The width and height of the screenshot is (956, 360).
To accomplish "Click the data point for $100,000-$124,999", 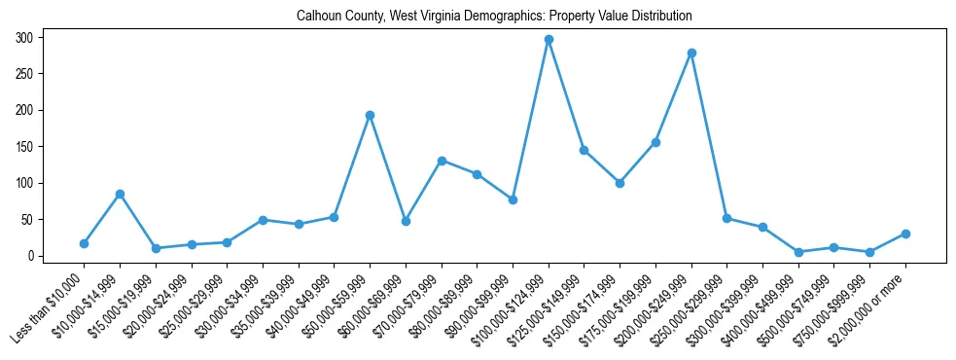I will point(549,40).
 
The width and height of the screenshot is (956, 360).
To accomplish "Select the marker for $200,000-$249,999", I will point(691,53).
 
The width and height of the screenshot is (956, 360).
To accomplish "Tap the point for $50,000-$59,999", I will point(370,115).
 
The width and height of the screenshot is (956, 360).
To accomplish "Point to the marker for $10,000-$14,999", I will point(120,194).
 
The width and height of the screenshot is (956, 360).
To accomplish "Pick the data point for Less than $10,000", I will point(84,243).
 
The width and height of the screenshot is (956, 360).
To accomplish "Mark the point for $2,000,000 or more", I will point(905,234).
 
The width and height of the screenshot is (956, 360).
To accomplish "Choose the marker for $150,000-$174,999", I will point(620,183).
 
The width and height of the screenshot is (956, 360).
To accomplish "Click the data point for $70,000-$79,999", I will point(442,161).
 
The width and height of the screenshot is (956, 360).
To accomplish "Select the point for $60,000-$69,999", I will point(406,221).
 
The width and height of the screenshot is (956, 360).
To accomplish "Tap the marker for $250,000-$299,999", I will point(726,218).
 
